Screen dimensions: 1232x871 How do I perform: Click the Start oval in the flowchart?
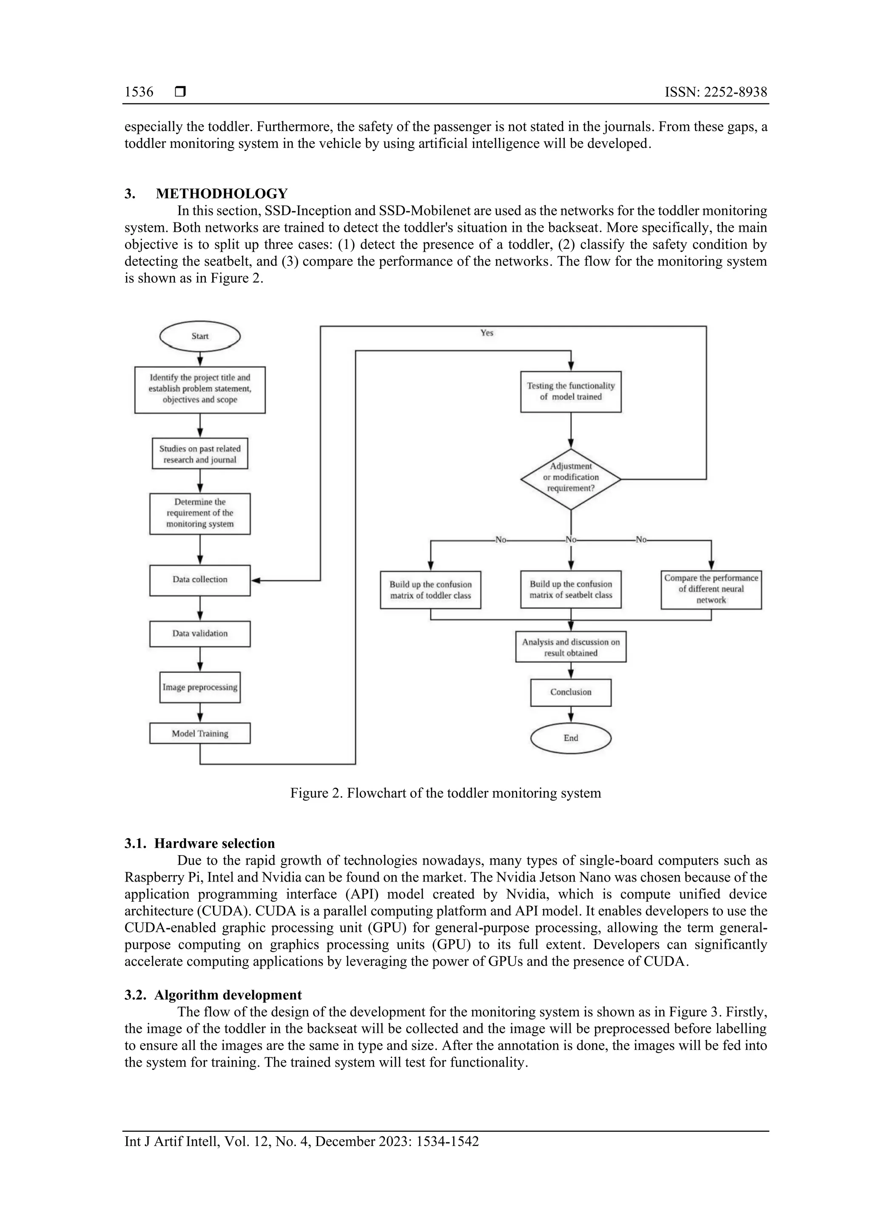click(x=199, y=336)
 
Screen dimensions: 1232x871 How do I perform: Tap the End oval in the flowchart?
click(x=570, y=738)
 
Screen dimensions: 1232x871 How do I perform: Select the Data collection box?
click(x=199, y=580)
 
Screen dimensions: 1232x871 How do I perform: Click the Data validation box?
click(x=199, y=633)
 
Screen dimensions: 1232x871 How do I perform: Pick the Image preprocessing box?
click(x=199, y=687)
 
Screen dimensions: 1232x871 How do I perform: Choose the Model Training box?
click(x=199, y=734)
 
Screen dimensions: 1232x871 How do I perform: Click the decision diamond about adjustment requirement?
click(x=570, y=478)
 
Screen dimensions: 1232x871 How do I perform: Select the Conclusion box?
click(x=570, y=692)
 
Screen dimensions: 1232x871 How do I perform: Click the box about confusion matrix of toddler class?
click(x=430, y=590)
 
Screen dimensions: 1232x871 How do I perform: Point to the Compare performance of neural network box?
click(x=711, y=589)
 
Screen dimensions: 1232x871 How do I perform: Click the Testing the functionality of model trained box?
click(x=570, y=391)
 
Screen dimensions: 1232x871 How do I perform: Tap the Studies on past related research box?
click(x=199, y=454)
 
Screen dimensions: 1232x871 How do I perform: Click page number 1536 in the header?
click(x=139, y=92)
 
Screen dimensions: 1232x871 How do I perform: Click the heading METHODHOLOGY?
click(x=222, y=193)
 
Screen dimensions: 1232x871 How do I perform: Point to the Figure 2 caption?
click(x=445, y=793)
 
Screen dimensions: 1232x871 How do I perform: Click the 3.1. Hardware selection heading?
click(x=199, y=843)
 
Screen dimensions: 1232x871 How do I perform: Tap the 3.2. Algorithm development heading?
click(x=213, y=995)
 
